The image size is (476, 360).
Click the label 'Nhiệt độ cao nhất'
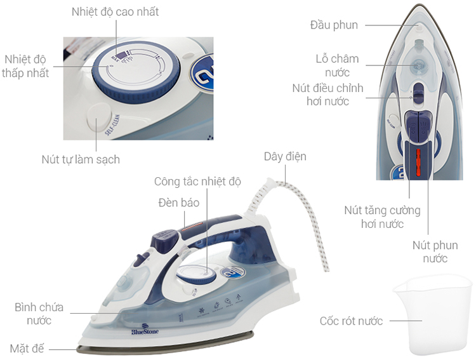pos(115,12)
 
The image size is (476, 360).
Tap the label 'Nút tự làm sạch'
pos(81,159)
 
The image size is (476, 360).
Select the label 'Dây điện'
pos(285,156)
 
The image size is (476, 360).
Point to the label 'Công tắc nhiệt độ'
pos(197,182)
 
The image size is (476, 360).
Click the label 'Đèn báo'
pos(179,203)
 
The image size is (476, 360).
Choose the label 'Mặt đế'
pos(27,348)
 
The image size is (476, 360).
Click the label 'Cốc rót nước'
pos(351,321)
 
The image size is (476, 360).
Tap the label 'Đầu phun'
pos(334,25)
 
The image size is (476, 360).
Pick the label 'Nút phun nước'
pos(435,251)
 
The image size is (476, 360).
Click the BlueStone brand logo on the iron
pos(145,329)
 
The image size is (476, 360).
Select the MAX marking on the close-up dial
pos(116,57)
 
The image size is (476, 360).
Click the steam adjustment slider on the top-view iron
pos(418,93)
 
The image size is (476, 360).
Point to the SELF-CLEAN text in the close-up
pos(112,124)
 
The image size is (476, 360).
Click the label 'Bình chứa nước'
pos(39,314)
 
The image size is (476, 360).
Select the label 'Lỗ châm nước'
pos(337,65)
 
